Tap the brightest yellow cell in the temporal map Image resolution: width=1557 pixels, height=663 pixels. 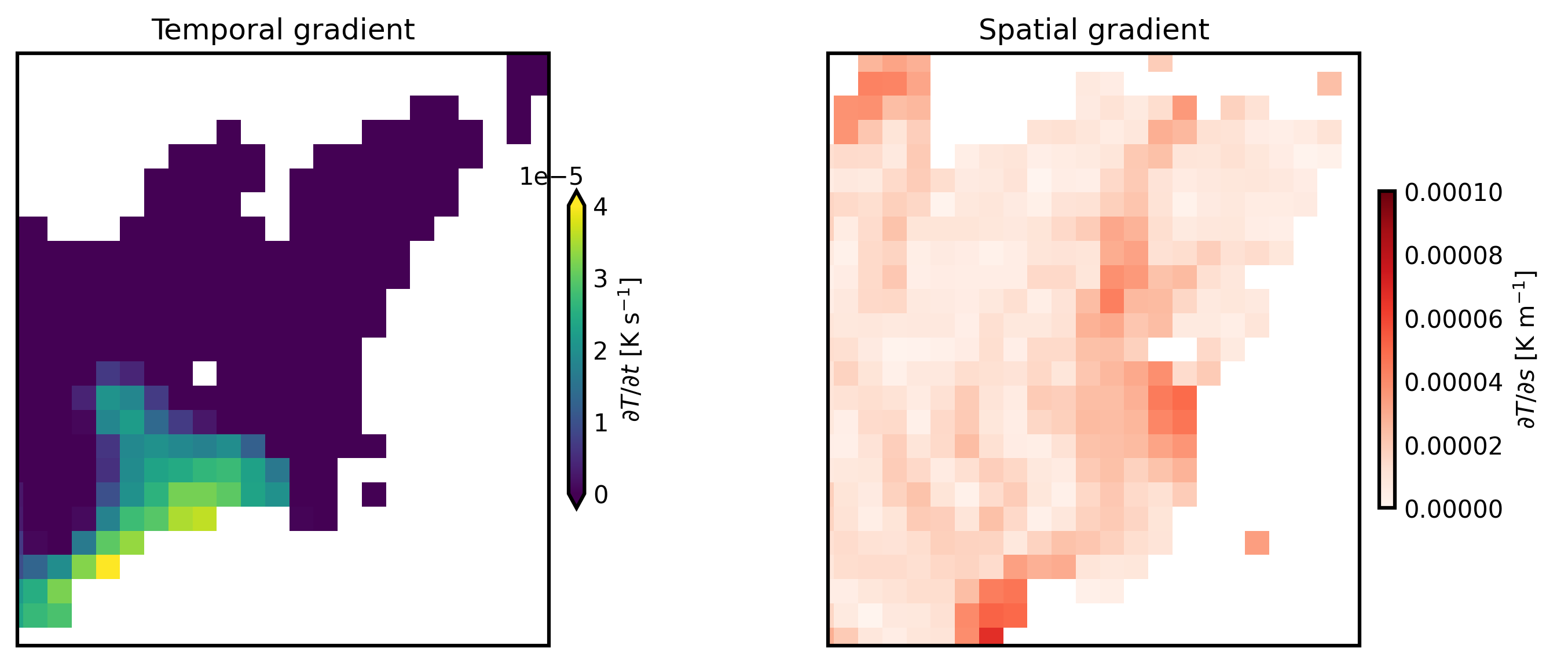tap(108, 567)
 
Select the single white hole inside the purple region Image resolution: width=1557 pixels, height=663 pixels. tap(204, 373)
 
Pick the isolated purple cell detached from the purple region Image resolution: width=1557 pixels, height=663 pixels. tap(373, 494)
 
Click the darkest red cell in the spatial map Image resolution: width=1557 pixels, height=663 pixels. tap(991, 636)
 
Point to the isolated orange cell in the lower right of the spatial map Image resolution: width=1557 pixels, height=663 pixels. tap(1256, 543)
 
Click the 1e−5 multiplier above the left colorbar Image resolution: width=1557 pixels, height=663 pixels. tap(551, 177)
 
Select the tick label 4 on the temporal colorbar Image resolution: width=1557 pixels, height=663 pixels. tap(600, 207)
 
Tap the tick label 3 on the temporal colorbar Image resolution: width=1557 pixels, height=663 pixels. tap(600, 279)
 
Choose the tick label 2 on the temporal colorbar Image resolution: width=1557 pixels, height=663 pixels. tap(600, 351)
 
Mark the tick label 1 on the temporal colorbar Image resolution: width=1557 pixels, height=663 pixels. tap(600, 423)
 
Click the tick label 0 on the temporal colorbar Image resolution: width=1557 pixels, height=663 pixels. tap(600, 495)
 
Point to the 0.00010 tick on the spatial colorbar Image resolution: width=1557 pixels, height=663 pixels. tap(1453, 193)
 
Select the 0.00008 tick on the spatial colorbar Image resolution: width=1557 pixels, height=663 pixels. tap(1453, 257)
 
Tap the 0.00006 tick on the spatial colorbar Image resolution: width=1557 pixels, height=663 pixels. tap(1453, 319)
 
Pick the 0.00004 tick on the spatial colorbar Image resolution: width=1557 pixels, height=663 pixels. tap(1453, 383)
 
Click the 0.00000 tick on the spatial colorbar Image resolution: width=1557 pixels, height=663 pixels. tap(1453, 510)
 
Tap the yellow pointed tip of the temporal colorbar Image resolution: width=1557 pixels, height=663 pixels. tap(577, 199)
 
